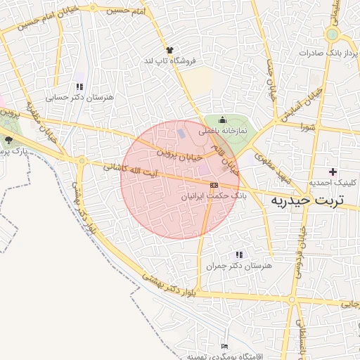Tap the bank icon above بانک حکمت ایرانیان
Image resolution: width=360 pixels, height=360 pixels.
pyautogui.click(x=214, y=185)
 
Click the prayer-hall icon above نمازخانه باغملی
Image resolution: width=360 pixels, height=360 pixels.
pyautogui.click(x=223, y=120)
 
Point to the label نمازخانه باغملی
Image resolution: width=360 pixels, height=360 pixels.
pyautogui.click(x=222, y=131)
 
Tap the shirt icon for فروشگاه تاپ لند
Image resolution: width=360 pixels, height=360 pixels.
pyautogui.click(x=169, y=49)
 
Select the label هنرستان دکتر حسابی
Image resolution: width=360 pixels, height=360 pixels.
pyautogui.click(x=75, y=98)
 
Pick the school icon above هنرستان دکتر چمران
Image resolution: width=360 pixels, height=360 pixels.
pyautogui.click(x=239, y=255)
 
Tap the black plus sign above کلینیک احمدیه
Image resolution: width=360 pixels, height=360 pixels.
pyautogui.click(x=333, y=171)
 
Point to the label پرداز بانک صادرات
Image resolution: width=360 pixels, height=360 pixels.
pyautogui.click(x=328, y=53)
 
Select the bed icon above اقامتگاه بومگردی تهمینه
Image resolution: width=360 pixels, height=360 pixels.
pyautogui.click(x=224, y=346)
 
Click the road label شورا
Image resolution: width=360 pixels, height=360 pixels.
pyautogui.click(x=307, y=127)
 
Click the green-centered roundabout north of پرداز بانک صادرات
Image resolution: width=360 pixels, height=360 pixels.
pyautogui.click(x=332, y=33)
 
